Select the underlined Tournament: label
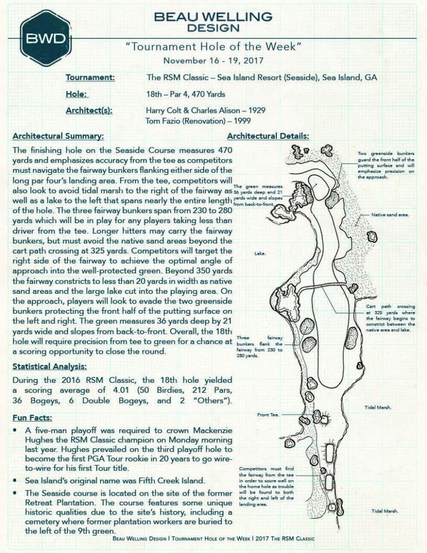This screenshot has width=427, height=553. click(x=90, y=77)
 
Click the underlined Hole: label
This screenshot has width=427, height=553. click(x=77, y=94)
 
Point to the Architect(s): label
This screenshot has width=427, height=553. click(x=89, y=110)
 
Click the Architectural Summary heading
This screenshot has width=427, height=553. click(x=58, y=136)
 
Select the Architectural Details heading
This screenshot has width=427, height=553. click(x=268, y=136)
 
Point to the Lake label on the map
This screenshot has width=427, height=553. click(x=260, y=253)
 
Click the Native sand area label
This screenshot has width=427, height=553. click(x=390, y=215)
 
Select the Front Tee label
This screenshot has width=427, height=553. click(x=268, y=415)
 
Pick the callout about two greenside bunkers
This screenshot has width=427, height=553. click(x=385, y=165)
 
